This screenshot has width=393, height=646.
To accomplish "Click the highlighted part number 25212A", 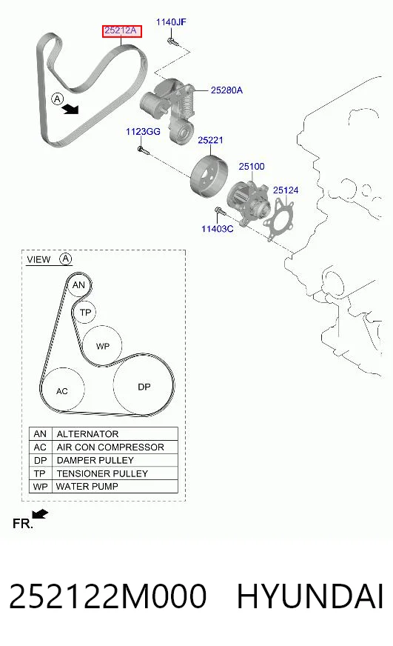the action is tap(122, 30).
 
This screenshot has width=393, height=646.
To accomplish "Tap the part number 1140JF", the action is tap(171, 21).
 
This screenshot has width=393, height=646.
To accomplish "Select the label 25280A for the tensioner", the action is tap(226, 90).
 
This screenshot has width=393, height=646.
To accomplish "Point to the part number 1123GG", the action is tap(143, 131).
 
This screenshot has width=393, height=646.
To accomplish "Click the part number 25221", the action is tap(210, 140).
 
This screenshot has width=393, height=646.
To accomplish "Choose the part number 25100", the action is tap(252, 167).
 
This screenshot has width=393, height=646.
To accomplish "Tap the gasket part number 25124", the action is tap(286, 190).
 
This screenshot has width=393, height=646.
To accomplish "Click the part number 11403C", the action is tap(217, 229).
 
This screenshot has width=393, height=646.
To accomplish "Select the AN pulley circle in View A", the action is tap(78, 285).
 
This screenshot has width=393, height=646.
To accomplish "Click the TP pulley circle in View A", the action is tap(85, 313).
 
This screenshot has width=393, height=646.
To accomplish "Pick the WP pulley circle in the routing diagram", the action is tap(102, 346).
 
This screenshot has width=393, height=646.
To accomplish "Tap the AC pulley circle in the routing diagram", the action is tap(63, 390).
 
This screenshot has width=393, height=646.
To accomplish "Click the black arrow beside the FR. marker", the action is tap(40, 513).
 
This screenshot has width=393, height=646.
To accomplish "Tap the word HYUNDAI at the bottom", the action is tap(310, 596).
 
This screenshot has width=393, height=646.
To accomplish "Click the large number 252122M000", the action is tap(108, 596).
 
